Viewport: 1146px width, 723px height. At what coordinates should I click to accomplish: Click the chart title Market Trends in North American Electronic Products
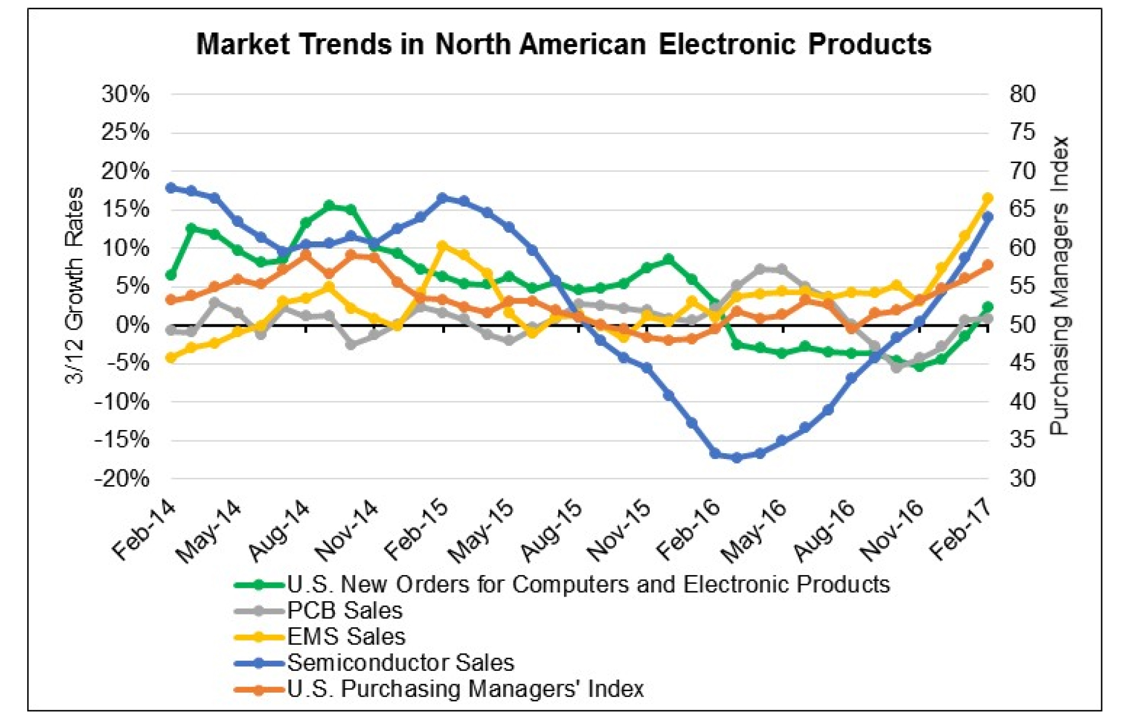(563, 44)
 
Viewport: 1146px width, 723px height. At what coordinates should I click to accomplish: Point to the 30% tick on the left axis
(125, 94)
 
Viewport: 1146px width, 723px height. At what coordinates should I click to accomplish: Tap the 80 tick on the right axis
(1022, 94)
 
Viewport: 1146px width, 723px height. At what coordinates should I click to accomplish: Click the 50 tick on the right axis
(1022, 324)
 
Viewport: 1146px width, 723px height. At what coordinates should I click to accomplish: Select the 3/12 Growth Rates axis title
(75, 285)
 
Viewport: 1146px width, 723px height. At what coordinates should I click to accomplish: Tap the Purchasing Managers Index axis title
(1060, 285)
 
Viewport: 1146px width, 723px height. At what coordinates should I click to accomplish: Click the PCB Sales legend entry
(344, 610)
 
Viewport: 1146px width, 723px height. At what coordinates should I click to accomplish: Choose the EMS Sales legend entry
(346, 637)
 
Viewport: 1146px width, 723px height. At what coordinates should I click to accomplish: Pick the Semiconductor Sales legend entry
(400, 663)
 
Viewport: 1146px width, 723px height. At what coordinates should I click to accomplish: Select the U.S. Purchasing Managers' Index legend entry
(465, 689)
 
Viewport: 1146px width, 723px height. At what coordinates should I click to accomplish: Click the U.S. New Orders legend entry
(588, 584)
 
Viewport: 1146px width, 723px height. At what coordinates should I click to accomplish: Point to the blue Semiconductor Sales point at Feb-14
(171, 187)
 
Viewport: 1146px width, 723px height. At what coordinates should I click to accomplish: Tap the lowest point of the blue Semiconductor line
(737, 458)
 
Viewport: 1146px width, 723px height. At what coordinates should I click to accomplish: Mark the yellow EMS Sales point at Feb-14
(171, 358)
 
